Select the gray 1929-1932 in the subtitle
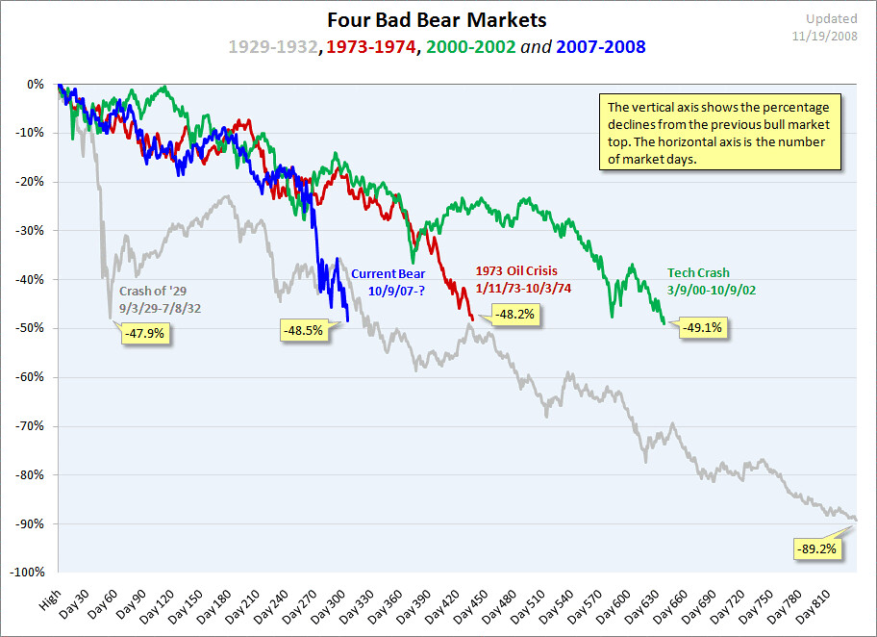pos(273,46)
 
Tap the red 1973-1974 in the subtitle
pos(371,46)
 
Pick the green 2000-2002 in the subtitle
pos(472,46)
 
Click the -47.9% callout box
pos(146,335)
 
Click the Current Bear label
pos(388,274)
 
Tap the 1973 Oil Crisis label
pos(516,270)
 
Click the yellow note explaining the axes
pos(719,132)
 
